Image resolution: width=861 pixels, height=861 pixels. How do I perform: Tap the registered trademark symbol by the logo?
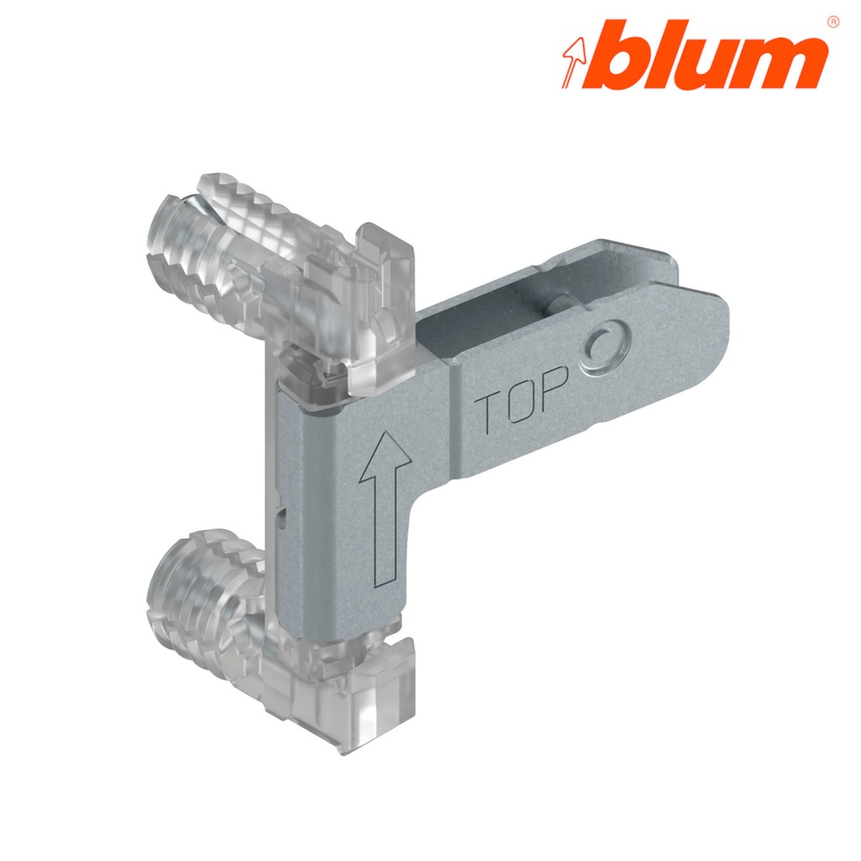[832, 21]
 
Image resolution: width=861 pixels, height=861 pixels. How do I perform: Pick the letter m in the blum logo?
[779, 64]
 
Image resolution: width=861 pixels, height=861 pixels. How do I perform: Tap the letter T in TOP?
[489, 415]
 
